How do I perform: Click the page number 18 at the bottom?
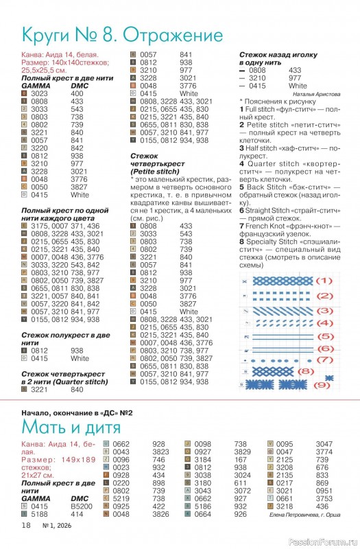(x=26, y=525)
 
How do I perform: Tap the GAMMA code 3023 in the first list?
(x=39, y=93)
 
